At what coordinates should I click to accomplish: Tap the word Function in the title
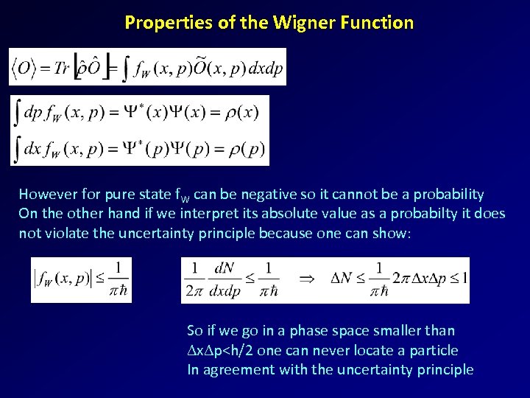[378, 23]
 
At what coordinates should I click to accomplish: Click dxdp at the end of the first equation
[264, 69]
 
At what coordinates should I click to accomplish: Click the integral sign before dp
[16, 113]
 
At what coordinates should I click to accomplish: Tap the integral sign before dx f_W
[16, 149]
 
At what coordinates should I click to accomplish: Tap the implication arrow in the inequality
[308, 279]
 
